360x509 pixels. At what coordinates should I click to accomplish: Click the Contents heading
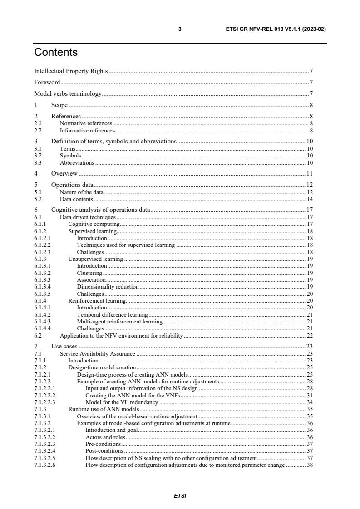coord(56,53)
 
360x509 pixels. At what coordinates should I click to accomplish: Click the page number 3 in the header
coord(180,29)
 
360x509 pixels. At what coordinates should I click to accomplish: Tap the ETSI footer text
coord(180,496)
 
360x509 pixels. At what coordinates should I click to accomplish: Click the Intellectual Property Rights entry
coord(71,71)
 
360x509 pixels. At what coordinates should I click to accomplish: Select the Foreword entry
coord(47,83)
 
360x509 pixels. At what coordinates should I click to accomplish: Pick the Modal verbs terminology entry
coord(68,94)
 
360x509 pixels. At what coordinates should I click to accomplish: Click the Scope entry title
coord(59,105)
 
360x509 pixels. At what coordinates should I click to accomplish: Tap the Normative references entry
coord(86,123)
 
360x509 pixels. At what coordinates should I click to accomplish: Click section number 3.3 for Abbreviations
coord(38,162)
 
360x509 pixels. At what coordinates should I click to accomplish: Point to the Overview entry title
coord(64,173)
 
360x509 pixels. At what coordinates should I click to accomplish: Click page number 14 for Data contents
coord(310,199)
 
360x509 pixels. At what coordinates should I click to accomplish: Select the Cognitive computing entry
coord(94,224)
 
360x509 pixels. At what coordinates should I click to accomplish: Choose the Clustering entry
coord(89,273)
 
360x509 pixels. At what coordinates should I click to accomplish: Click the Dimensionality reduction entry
coord(108,287)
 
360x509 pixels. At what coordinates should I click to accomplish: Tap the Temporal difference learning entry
coord(112,314)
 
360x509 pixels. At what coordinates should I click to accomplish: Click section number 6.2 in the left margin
coord(38,335)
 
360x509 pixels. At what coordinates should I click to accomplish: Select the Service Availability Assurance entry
coord(98,353)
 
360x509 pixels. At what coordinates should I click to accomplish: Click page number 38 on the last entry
coord(310,465)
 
